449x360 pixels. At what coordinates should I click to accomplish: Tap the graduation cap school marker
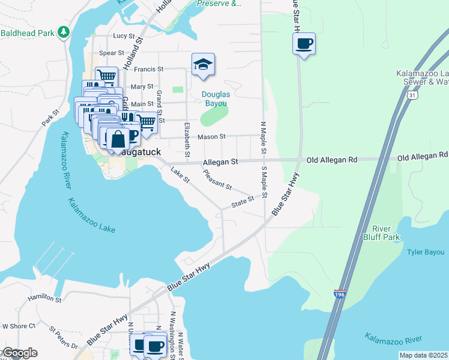(203, 65)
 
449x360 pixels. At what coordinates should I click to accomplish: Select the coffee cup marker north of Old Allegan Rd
(304, 43)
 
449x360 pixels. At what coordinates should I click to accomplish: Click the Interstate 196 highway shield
(339, 294)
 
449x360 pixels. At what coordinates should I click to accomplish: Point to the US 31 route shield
(411, 96)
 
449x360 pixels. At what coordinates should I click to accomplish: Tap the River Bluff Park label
(385, 233)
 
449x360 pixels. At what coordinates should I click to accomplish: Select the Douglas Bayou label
(214, 99)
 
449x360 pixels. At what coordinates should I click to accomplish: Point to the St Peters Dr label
(64, 338)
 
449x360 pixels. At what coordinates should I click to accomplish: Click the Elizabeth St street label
(187, 140)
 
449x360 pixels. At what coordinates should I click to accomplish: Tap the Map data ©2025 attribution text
(423, 355)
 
